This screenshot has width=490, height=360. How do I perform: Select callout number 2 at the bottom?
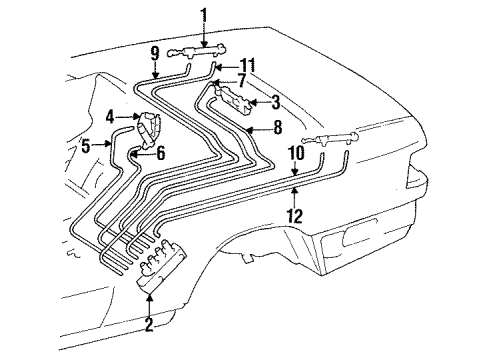pyautogui.click(x=149, y=324)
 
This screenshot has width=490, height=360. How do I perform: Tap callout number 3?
pyautogui.click(x=276, y=102)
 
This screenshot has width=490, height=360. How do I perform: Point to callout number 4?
pyautogui.click(x=111, y=117)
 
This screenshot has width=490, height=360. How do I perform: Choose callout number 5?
pyautogui.click(x=86, y=146)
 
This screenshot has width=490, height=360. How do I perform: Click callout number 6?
pyautogui.click(x=160, y=153)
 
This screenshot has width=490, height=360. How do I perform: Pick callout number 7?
pyautogui.click(x=241, y=81)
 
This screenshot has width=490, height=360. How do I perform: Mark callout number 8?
pyautogui.click(x=277, y=127)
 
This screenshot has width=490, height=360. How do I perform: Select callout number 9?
pyautogui.click(x=155, y=56)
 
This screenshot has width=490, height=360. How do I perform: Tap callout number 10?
pyautogui.click(x=297, y=153)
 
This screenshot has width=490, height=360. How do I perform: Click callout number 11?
pyautogui.click(x=248, y=65)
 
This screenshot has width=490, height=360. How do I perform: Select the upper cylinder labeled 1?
pyautogui.click(x=197, y=52)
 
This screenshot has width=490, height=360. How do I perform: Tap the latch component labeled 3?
pyautogui.click(x=233, y=99)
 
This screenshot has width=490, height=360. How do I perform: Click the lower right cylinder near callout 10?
pyautogui.click(x=329, y=138)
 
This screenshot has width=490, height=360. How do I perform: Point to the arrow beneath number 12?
pyautogui.click(x=294, y=197)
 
